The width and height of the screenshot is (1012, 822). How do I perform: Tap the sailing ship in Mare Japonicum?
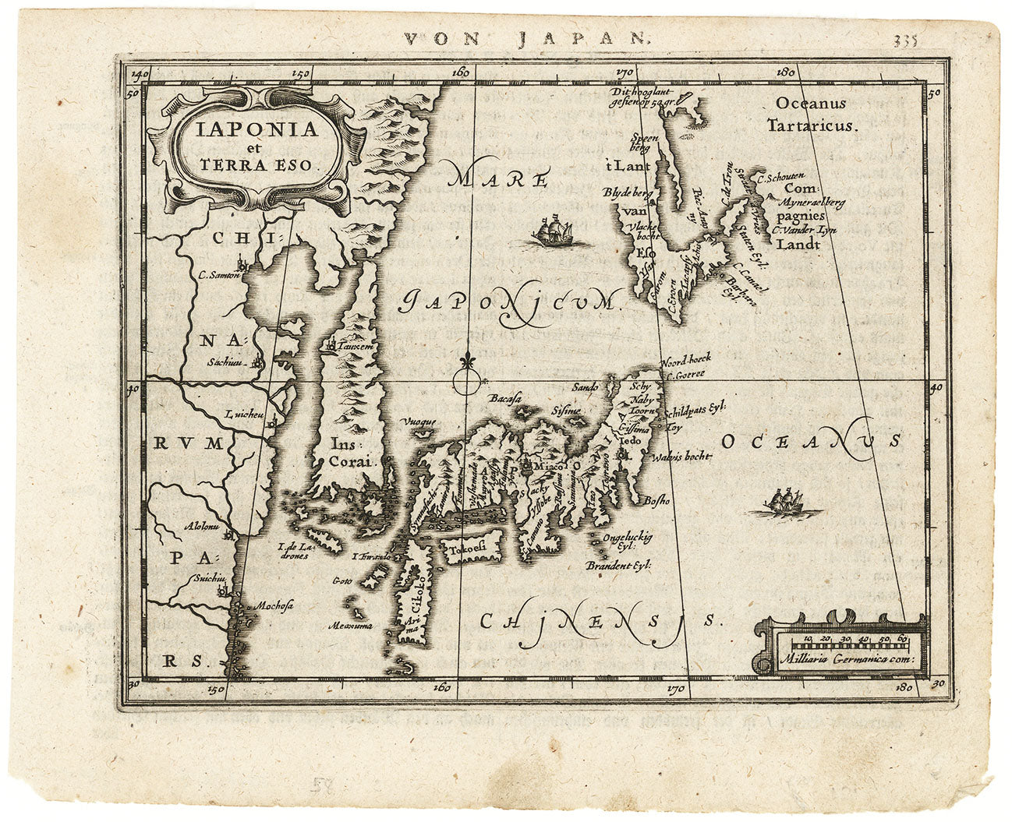(552, 231)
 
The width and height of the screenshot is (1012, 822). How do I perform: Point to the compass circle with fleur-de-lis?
(465, 379)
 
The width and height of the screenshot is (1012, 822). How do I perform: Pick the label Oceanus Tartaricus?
(811, 114)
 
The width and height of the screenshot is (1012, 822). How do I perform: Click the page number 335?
(906, 40)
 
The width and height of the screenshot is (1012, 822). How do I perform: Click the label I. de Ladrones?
(295, 551)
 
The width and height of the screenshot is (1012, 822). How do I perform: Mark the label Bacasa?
(505, 399)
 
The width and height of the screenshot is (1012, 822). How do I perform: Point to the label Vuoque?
(419, 422)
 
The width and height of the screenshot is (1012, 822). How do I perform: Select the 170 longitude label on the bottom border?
(675, 689)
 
